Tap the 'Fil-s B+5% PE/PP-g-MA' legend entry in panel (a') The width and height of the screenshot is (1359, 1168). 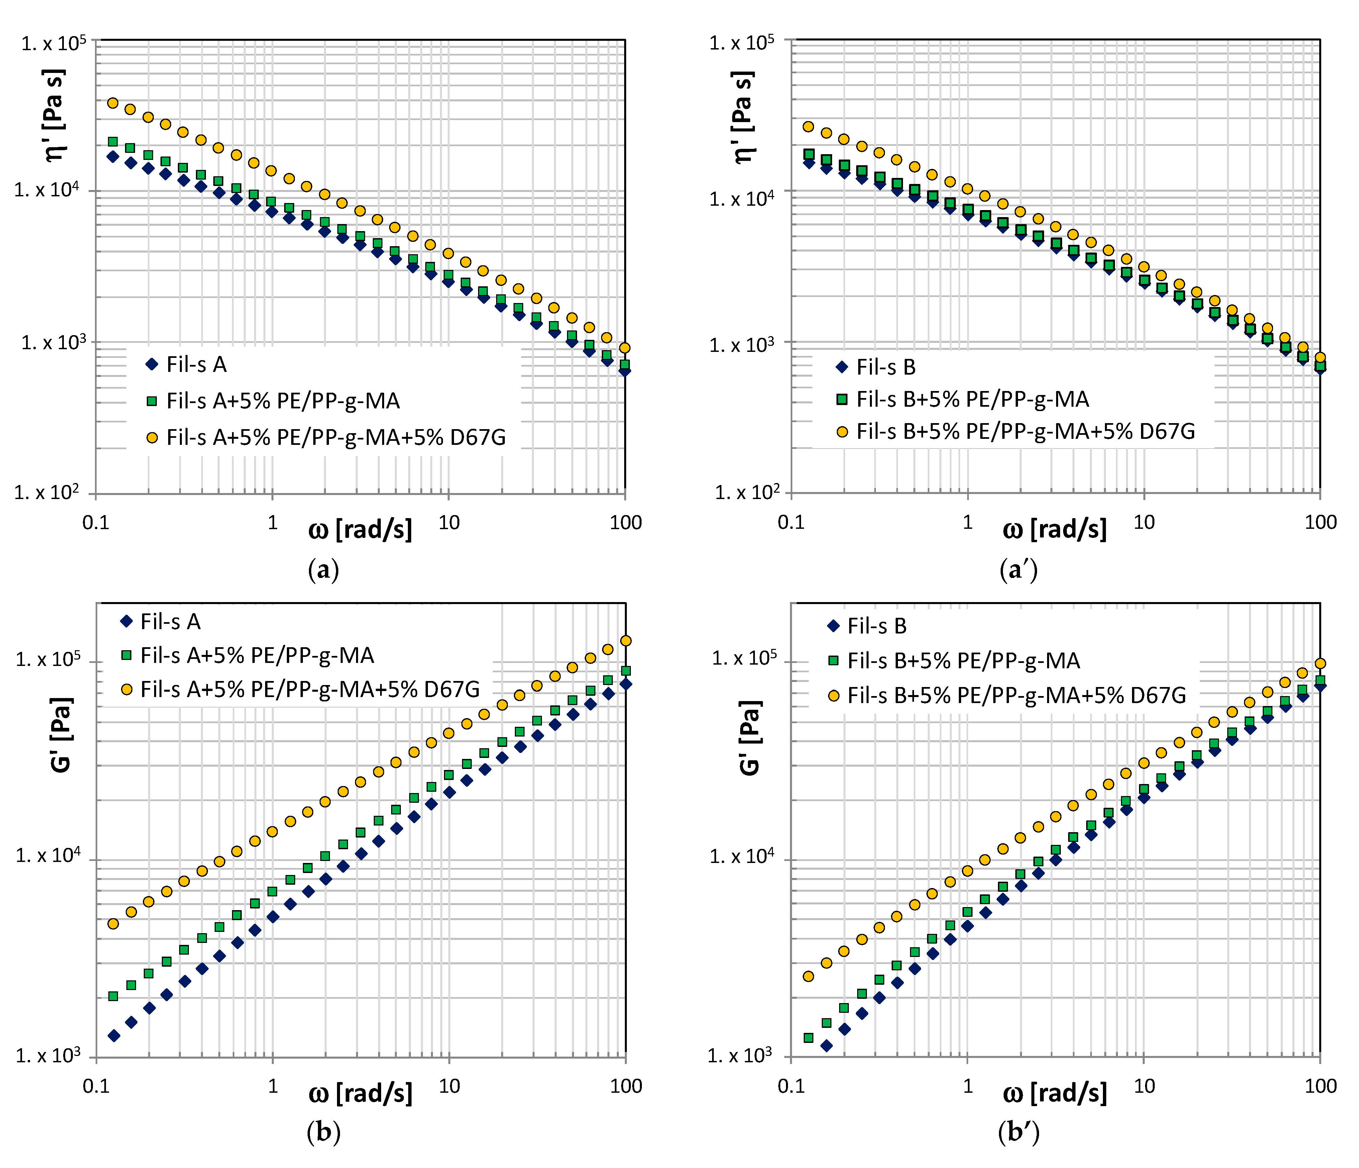point(972,399)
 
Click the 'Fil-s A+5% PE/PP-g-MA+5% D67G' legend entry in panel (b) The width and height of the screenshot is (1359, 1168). point(310,689)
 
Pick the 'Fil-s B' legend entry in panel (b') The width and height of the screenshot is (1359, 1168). point(876,626)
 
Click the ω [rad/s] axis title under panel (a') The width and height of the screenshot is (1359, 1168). point(1054,529)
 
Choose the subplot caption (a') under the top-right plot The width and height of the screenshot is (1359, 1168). point(1018,570)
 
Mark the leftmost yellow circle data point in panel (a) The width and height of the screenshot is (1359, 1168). point(113,103)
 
